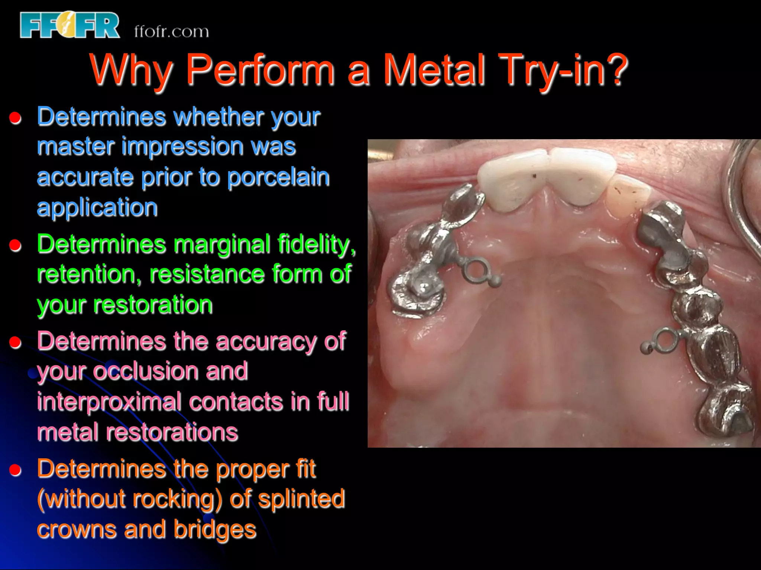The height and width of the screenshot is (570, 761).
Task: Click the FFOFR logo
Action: [69, 25]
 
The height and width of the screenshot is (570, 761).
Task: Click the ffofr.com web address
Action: [171, 32]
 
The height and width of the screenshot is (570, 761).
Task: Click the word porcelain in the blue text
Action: [278, 177]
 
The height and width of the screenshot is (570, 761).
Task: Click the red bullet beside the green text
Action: [15, 245]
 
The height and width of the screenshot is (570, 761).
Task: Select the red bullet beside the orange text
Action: [15, 470]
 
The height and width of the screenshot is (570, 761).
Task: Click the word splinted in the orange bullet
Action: [301, 499]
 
